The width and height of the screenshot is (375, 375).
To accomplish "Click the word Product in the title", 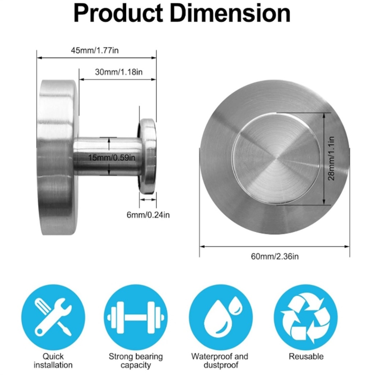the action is point(118,14).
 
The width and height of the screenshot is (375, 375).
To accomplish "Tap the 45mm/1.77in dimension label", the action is point(95,51).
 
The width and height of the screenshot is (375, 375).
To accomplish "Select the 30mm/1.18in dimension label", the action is point(119,72).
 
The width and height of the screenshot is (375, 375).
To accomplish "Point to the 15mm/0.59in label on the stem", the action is point(112,157).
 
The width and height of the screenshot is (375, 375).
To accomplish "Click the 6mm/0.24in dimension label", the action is point(148,215).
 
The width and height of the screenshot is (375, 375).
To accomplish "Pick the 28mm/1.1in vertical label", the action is point(331,158).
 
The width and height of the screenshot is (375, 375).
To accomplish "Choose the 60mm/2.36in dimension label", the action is point(275,256).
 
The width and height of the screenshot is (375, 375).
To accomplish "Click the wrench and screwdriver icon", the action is point(53,317).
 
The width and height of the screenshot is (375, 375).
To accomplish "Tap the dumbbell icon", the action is point(135,317).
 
